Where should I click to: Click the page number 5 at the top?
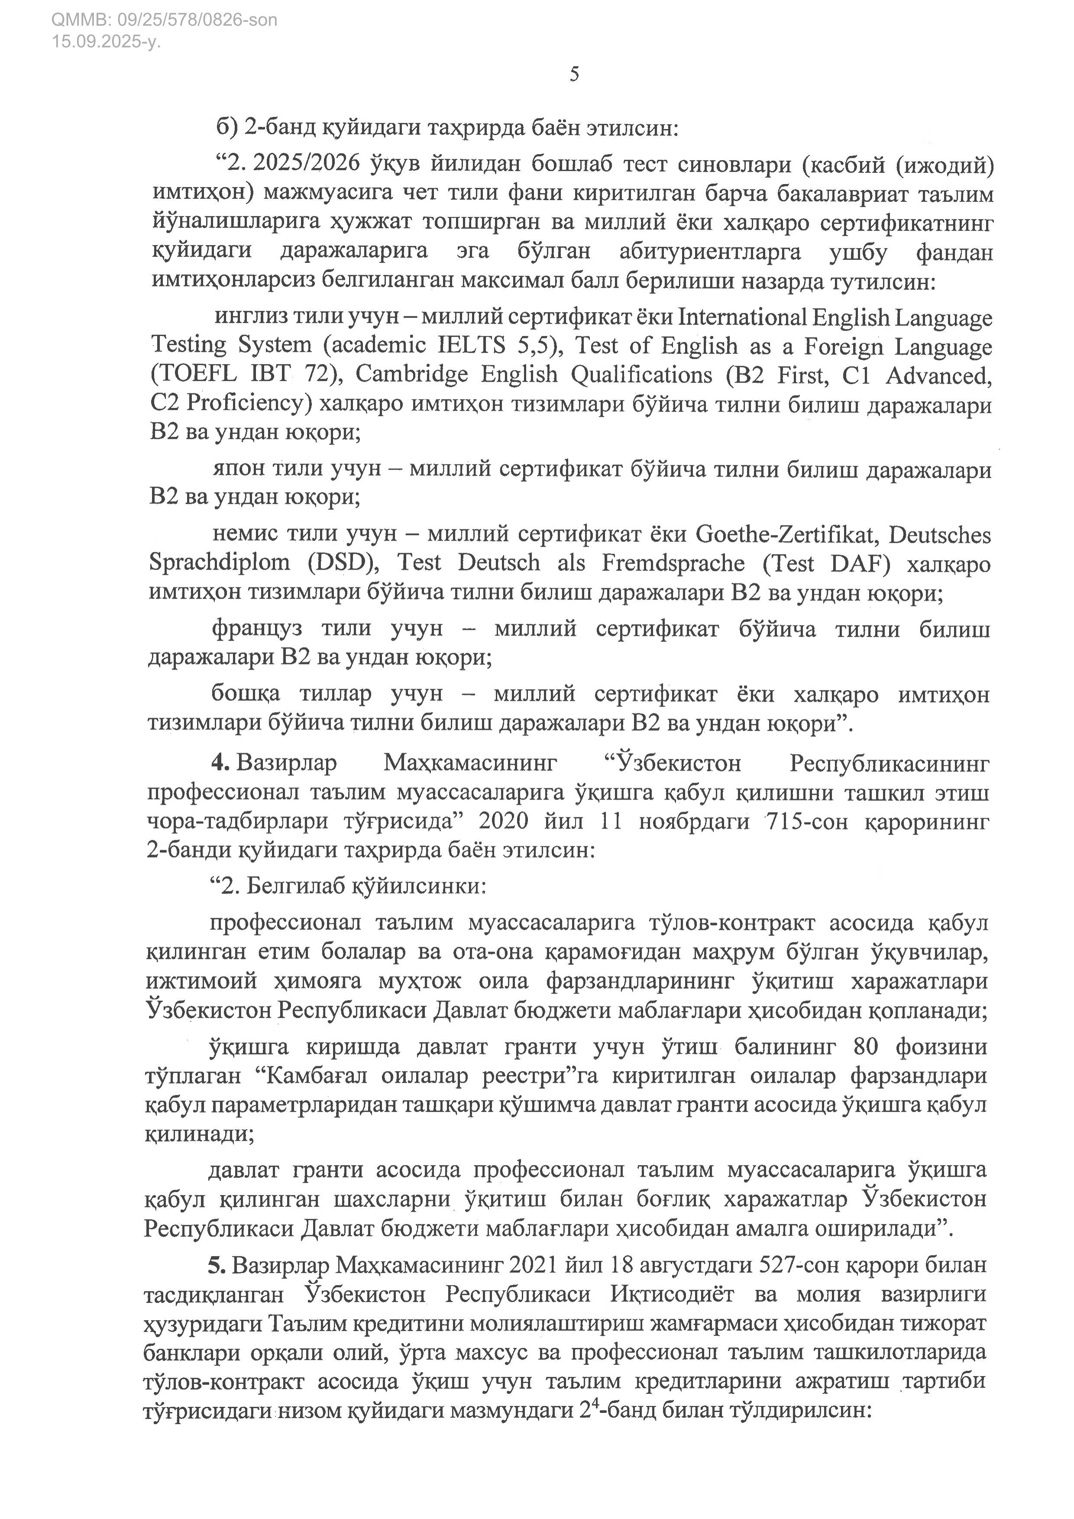click(574, 74)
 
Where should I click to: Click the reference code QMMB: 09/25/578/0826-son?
click(164, 20)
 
